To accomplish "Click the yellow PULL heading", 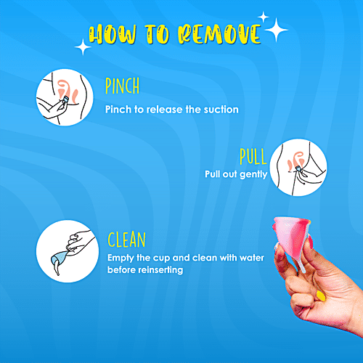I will pyautogui.click(x=253, y=157).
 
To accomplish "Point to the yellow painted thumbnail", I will pyautogui.click(x=319, y=295).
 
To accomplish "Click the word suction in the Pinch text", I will pyautogui.click(x=221, y=110).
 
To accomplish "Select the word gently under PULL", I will pyautogui.click(x=252, y=174).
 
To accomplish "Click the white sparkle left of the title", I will pyautogui.click(x=83, y=47).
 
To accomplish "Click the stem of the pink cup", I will pyautogui.click(x=297, y=263).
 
